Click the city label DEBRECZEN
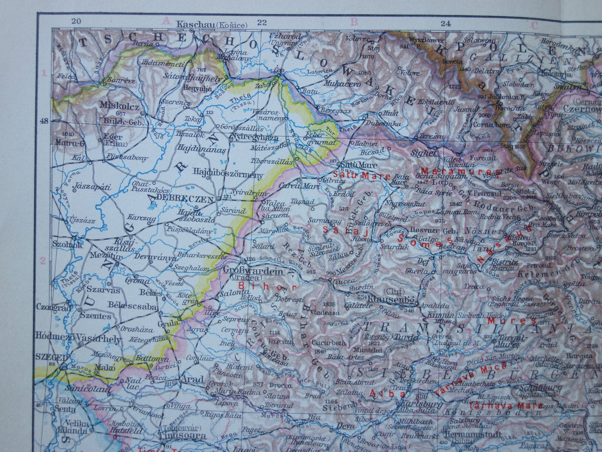[186, 199]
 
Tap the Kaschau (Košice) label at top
[212, 25]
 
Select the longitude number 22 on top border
[262, 23]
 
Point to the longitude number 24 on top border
[445, 23]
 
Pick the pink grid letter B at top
[354, 22]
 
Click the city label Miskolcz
[120, 106]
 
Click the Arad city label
[192, 380]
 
